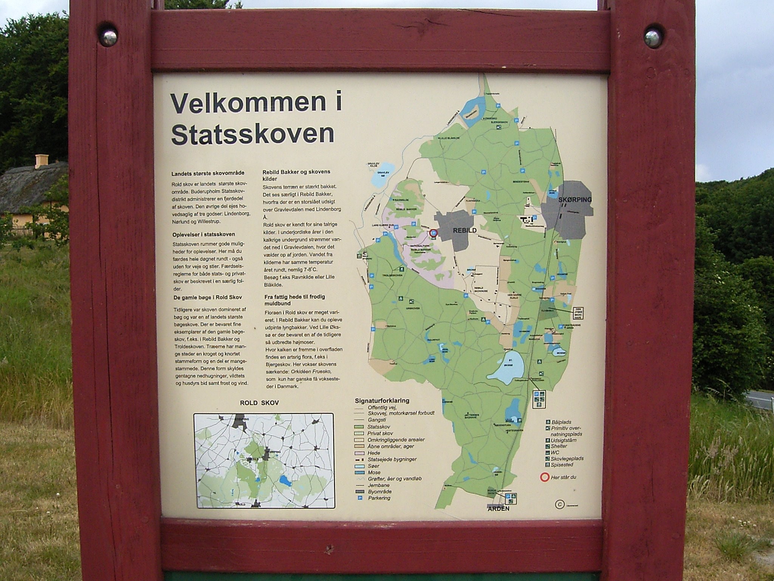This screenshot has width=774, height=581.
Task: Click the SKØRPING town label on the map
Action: pyautogui.click(x=575, y=199)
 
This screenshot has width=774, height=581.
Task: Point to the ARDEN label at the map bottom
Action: pyautogui.click(x=498, y=509)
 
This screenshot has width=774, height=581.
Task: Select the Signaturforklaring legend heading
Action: pyautogui.click(x=382, y=401)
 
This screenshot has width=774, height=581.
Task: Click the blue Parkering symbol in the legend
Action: pyautogui.click(x=359, y=498)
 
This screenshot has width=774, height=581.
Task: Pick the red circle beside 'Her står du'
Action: pyautogui.click(x=544, y=477)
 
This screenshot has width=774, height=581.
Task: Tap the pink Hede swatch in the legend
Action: pyautogui.click(x=360, y=453)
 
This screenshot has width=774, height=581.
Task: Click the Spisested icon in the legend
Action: pyautogui.click(x=548, y=464)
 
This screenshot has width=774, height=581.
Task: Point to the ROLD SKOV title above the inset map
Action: pyautogui.click(x=259, y=403)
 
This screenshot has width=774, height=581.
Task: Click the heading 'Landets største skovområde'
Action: pyautogui.click(x=208, y=174)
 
